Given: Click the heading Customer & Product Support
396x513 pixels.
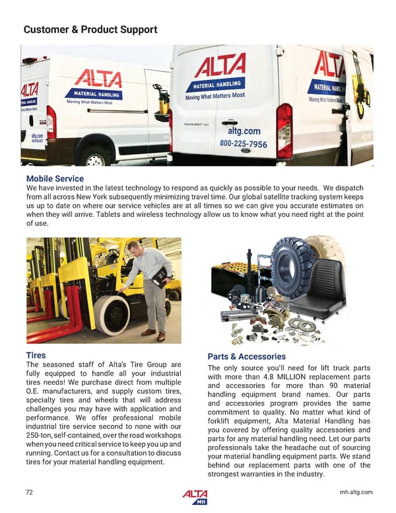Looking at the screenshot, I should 90,30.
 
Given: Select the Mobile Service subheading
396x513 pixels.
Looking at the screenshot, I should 55,179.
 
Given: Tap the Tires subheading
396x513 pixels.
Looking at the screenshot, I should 36,355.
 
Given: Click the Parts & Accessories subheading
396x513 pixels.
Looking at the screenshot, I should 246,357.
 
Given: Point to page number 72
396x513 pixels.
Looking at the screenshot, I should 29,492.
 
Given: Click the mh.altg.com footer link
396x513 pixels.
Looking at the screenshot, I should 356,492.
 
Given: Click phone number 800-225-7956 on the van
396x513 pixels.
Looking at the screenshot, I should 244,143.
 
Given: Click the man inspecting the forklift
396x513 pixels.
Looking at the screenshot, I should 148,284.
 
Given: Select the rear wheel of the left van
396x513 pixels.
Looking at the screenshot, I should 96,159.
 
